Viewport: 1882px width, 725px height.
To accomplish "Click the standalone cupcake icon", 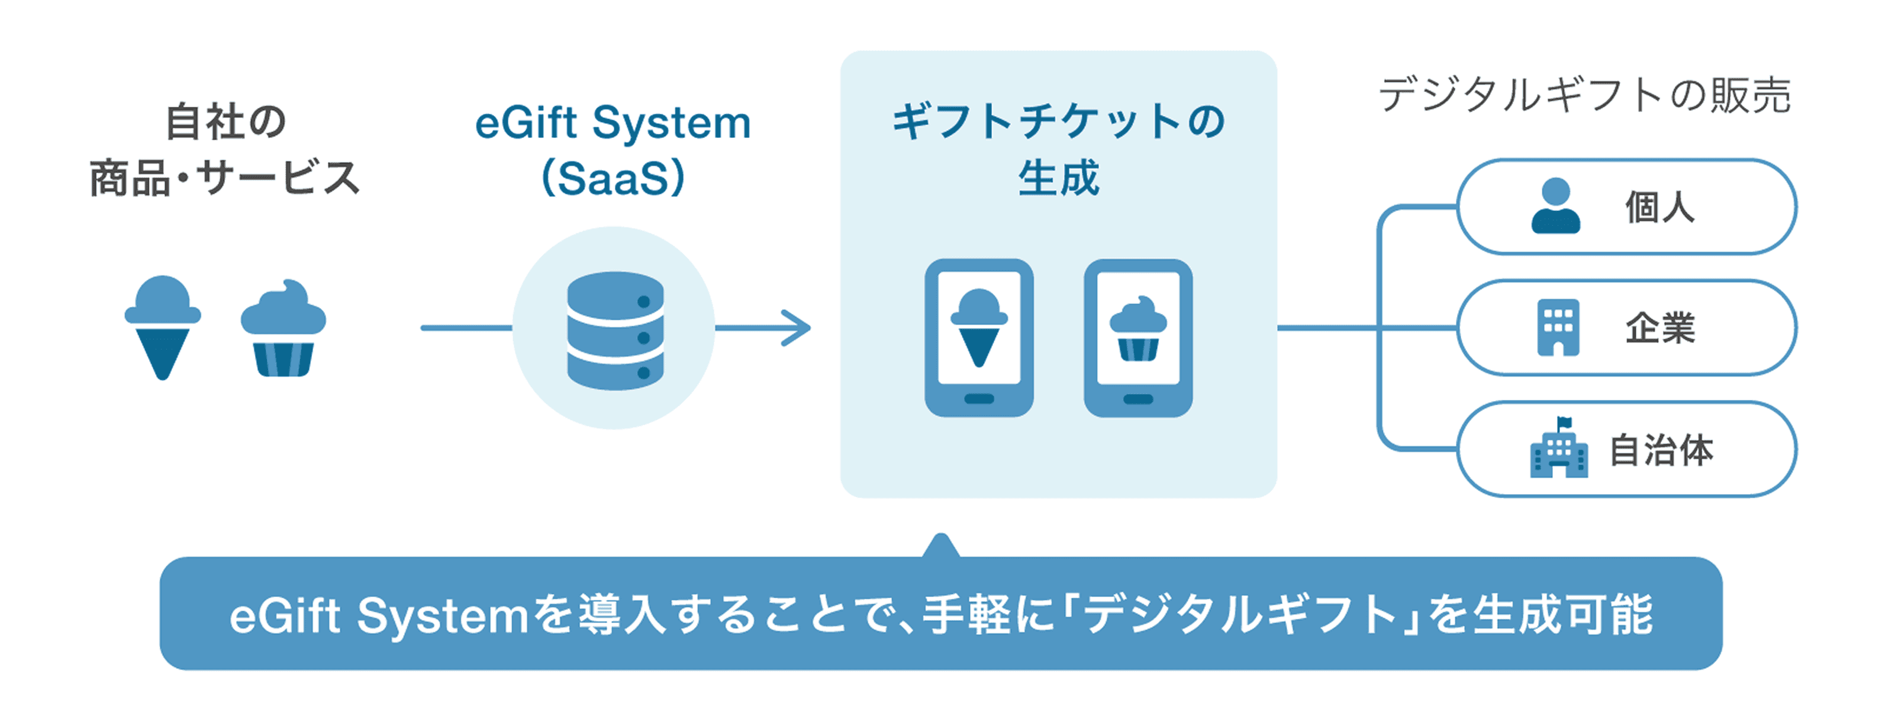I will tap(283, 329).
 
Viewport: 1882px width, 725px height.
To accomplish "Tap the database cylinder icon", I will tap(615, 331).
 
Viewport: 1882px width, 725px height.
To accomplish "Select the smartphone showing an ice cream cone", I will tap(978, 338).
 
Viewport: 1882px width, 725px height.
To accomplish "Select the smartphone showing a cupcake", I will tap(1138, 338).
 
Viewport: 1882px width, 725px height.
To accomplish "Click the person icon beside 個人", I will tap(1555, 207).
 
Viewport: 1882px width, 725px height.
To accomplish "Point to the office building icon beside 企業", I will tap(1558, 328).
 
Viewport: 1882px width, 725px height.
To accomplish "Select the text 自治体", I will tap(1661, 450).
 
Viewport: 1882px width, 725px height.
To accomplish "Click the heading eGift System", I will tap(612, 122).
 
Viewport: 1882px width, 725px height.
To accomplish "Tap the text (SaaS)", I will tap(612, 178).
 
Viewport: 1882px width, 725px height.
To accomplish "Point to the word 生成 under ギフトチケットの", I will tap(1059, 178).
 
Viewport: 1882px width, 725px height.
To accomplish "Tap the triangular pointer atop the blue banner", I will tap(941, 547).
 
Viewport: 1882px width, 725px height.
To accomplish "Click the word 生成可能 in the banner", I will tap(1562, 615).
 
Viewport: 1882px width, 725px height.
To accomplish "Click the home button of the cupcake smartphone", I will tap(1138, 399).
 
